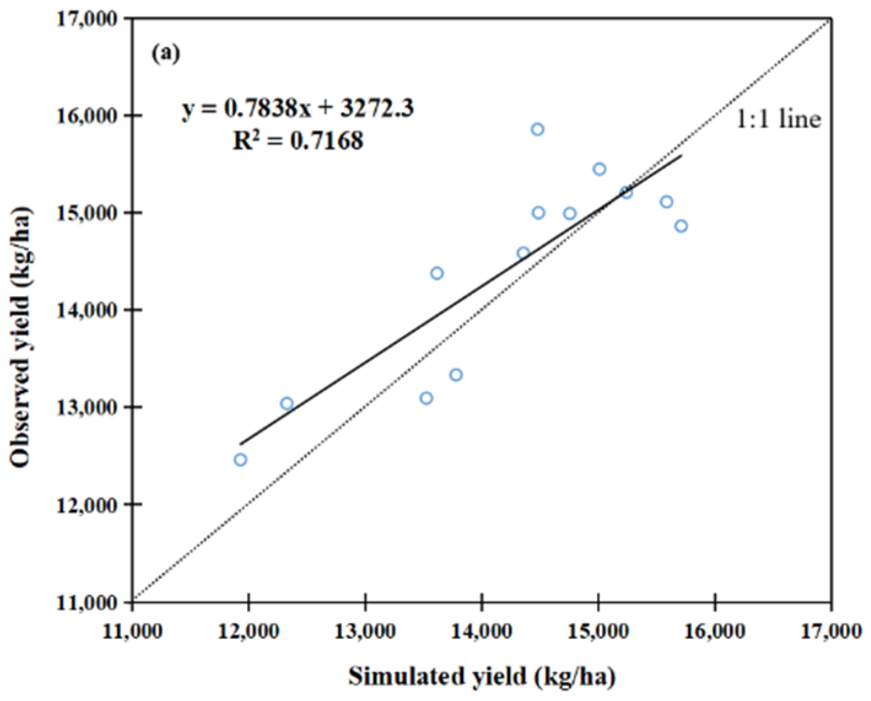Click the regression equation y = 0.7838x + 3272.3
298,109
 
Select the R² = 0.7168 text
298,141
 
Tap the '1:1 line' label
778,119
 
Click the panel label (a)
166,54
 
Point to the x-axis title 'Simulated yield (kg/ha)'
482,676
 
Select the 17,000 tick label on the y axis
87,18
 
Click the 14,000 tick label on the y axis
87,310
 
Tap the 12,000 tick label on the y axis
87,505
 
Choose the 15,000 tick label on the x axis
598,630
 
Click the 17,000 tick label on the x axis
830,630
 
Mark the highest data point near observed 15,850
538,130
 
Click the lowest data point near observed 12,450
241,460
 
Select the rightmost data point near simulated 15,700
681,226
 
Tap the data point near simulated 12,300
287,403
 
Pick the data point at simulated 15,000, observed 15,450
600,169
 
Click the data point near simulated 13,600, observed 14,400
437,273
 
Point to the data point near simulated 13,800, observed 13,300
455,374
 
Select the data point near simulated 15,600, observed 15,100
667,202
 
